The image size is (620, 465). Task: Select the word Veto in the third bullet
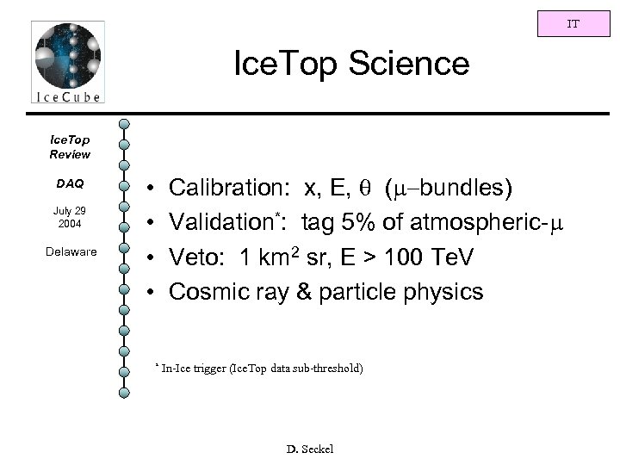click(195, 257)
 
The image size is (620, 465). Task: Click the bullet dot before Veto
click(151, 257)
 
